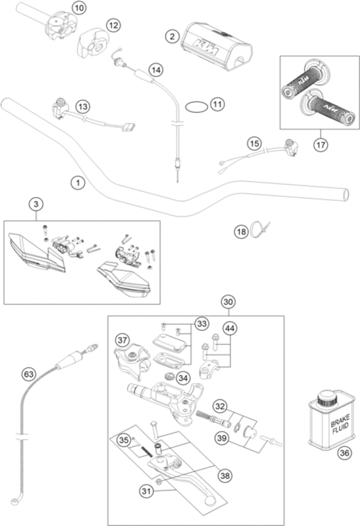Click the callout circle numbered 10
pos(79,8)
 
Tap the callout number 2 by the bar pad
pos(172,37)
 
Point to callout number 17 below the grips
pos(320,144)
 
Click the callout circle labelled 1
pos(76,181)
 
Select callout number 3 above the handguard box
pos(37,205)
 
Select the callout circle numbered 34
pos(183,378)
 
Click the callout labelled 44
pos(230,328)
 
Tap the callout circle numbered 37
pos(122,339)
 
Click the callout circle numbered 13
pos(82,107)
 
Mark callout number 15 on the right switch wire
pos(255,144)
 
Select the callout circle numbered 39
pos(223,439)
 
